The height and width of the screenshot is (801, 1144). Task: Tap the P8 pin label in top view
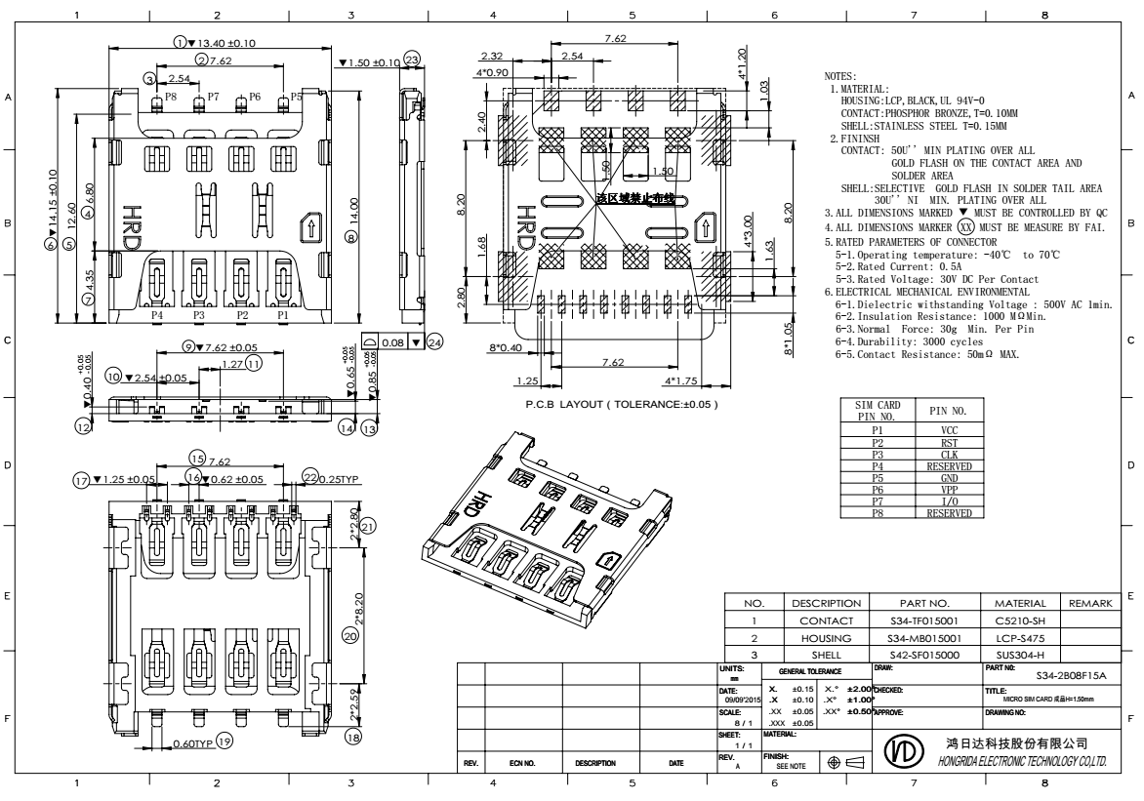(x=171, y=98)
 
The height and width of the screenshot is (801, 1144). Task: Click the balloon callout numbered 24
(x=434, y=342)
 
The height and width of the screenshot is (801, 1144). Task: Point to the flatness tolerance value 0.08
(x=392, y=342)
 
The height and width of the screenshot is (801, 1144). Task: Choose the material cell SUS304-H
(x=1019, y=655)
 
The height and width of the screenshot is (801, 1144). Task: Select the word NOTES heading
(x=839, y=76)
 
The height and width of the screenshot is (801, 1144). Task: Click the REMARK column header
(x=1090, y=603)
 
